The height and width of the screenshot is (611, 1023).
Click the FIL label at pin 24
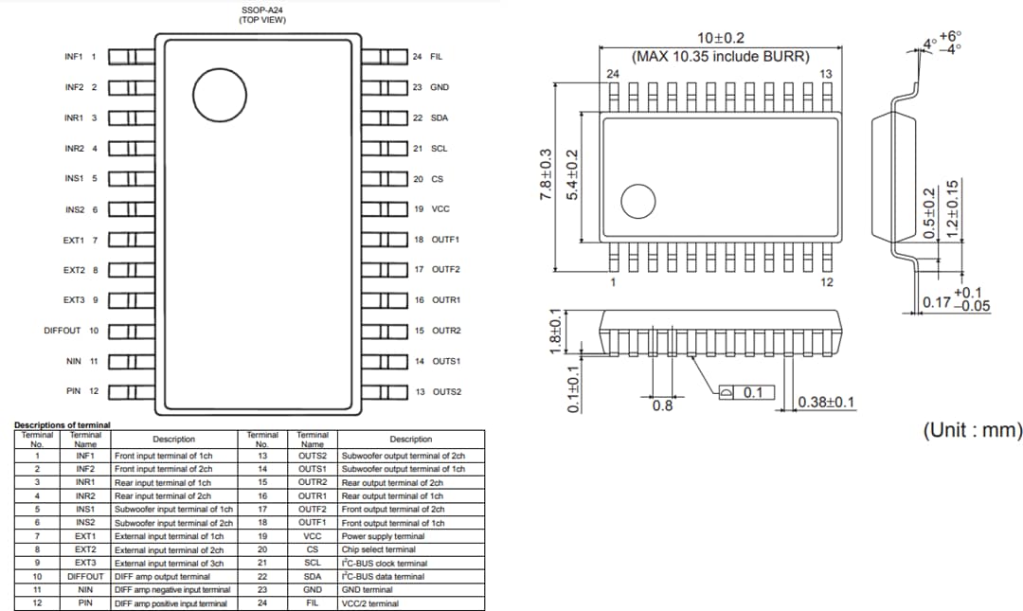436,57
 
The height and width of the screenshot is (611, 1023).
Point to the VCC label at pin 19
440,209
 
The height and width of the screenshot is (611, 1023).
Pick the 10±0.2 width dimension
720,38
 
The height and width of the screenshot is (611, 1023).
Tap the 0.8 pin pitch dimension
663,406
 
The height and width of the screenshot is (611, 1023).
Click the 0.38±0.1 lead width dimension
826,403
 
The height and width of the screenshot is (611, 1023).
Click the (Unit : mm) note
973,430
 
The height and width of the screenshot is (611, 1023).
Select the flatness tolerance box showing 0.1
746,392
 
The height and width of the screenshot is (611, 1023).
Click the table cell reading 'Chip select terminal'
378,549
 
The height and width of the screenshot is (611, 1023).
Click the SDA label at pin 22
440,117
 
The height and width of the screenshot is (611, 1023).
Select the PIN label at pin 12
75,391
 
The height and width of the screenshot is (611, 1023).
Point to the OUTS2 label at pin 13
447,391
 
